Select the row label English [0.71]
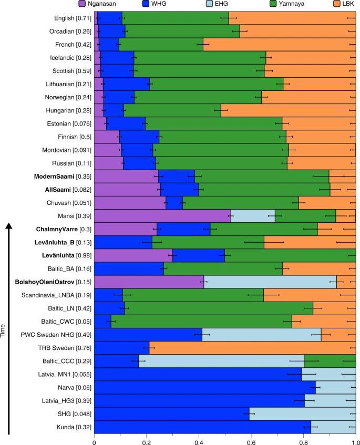click(72, 18)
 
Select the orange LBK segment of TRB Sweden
click(252, 348)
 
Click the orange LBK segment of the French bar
click(279, 45)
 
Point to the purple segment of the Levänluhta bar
click(133, 255)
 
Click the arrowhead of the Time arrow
click(8, 226)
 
